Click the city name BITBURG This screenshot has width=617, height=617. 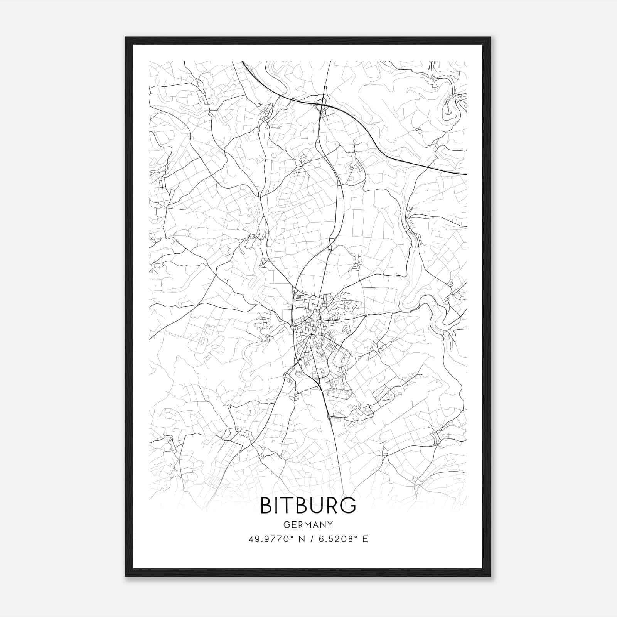[308, 506]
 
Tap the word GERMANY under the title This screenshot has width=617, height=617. [308, 524]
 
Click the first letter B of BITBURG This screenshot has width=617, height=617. [266, 506]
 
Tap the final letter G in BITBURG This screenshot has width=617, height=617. [349, 506]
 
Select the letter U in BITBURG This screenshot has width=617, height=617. [315, 506]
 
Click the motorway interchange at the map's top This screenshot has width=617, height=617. [321, 103]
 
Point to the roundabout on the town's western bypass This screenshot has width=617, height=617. [293, 327]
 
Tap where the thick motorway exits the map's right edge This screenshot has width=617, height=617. [466, 174]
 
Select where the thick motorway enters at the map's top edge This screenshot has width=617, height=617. [243, 62]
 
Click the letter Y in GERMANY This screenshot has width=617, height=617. [330, 524]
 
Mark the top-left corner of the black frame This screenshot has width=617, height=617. [126, 38]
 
